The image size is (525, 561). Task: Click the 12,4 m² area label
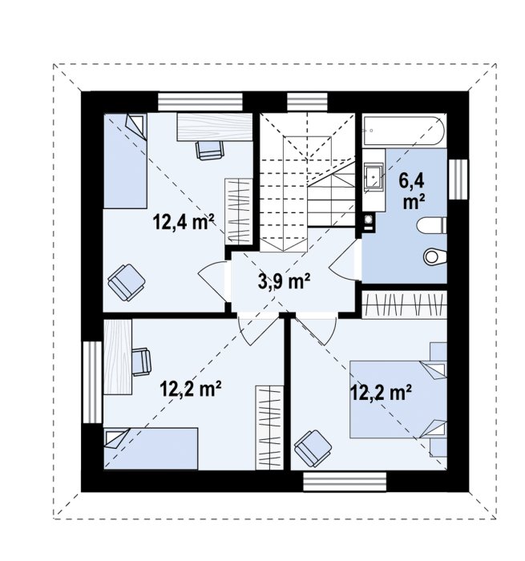[x=184, y=222]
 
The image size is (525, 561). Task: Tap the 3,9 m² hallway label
[x=284, y=280]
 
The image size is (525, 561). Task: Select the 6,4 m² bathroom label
[x=411, y=192]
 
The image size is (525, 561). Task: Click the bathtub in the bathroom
[x=404, y=130]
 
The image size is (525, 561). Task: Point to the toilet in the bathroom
[x=432, y=225]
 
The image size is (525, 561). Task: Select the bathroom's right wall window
[x=458, y=180]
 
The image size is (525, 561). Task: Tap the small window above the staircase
[x=307, y=102]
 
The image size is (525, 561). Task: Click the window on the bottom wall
[x=345, y=482]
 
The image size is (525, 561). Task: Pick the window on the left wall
[x=92, y=382]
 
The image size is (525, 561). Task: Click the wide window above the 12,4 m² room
[x=200, y=102]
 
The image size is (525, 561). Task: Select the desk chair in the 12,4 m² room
[x=210, y=150]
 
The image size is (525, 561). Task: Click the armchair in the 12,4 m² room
[x=127, y=282]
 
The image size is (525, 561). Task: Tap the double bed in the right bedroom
[x=398, y=399]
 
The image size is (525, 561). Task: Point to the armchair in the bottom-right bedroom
[x=313, y=448]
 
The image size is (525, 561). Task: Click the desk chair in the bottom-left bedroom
[x=142, y=362]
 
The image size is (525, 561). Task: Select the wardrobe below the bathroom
[x=405, y=305]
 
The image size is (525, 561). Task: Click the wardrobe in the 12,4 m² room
[x=239, y=212]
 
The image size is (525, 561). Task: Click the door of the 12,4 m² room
[x=212, y=282]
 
